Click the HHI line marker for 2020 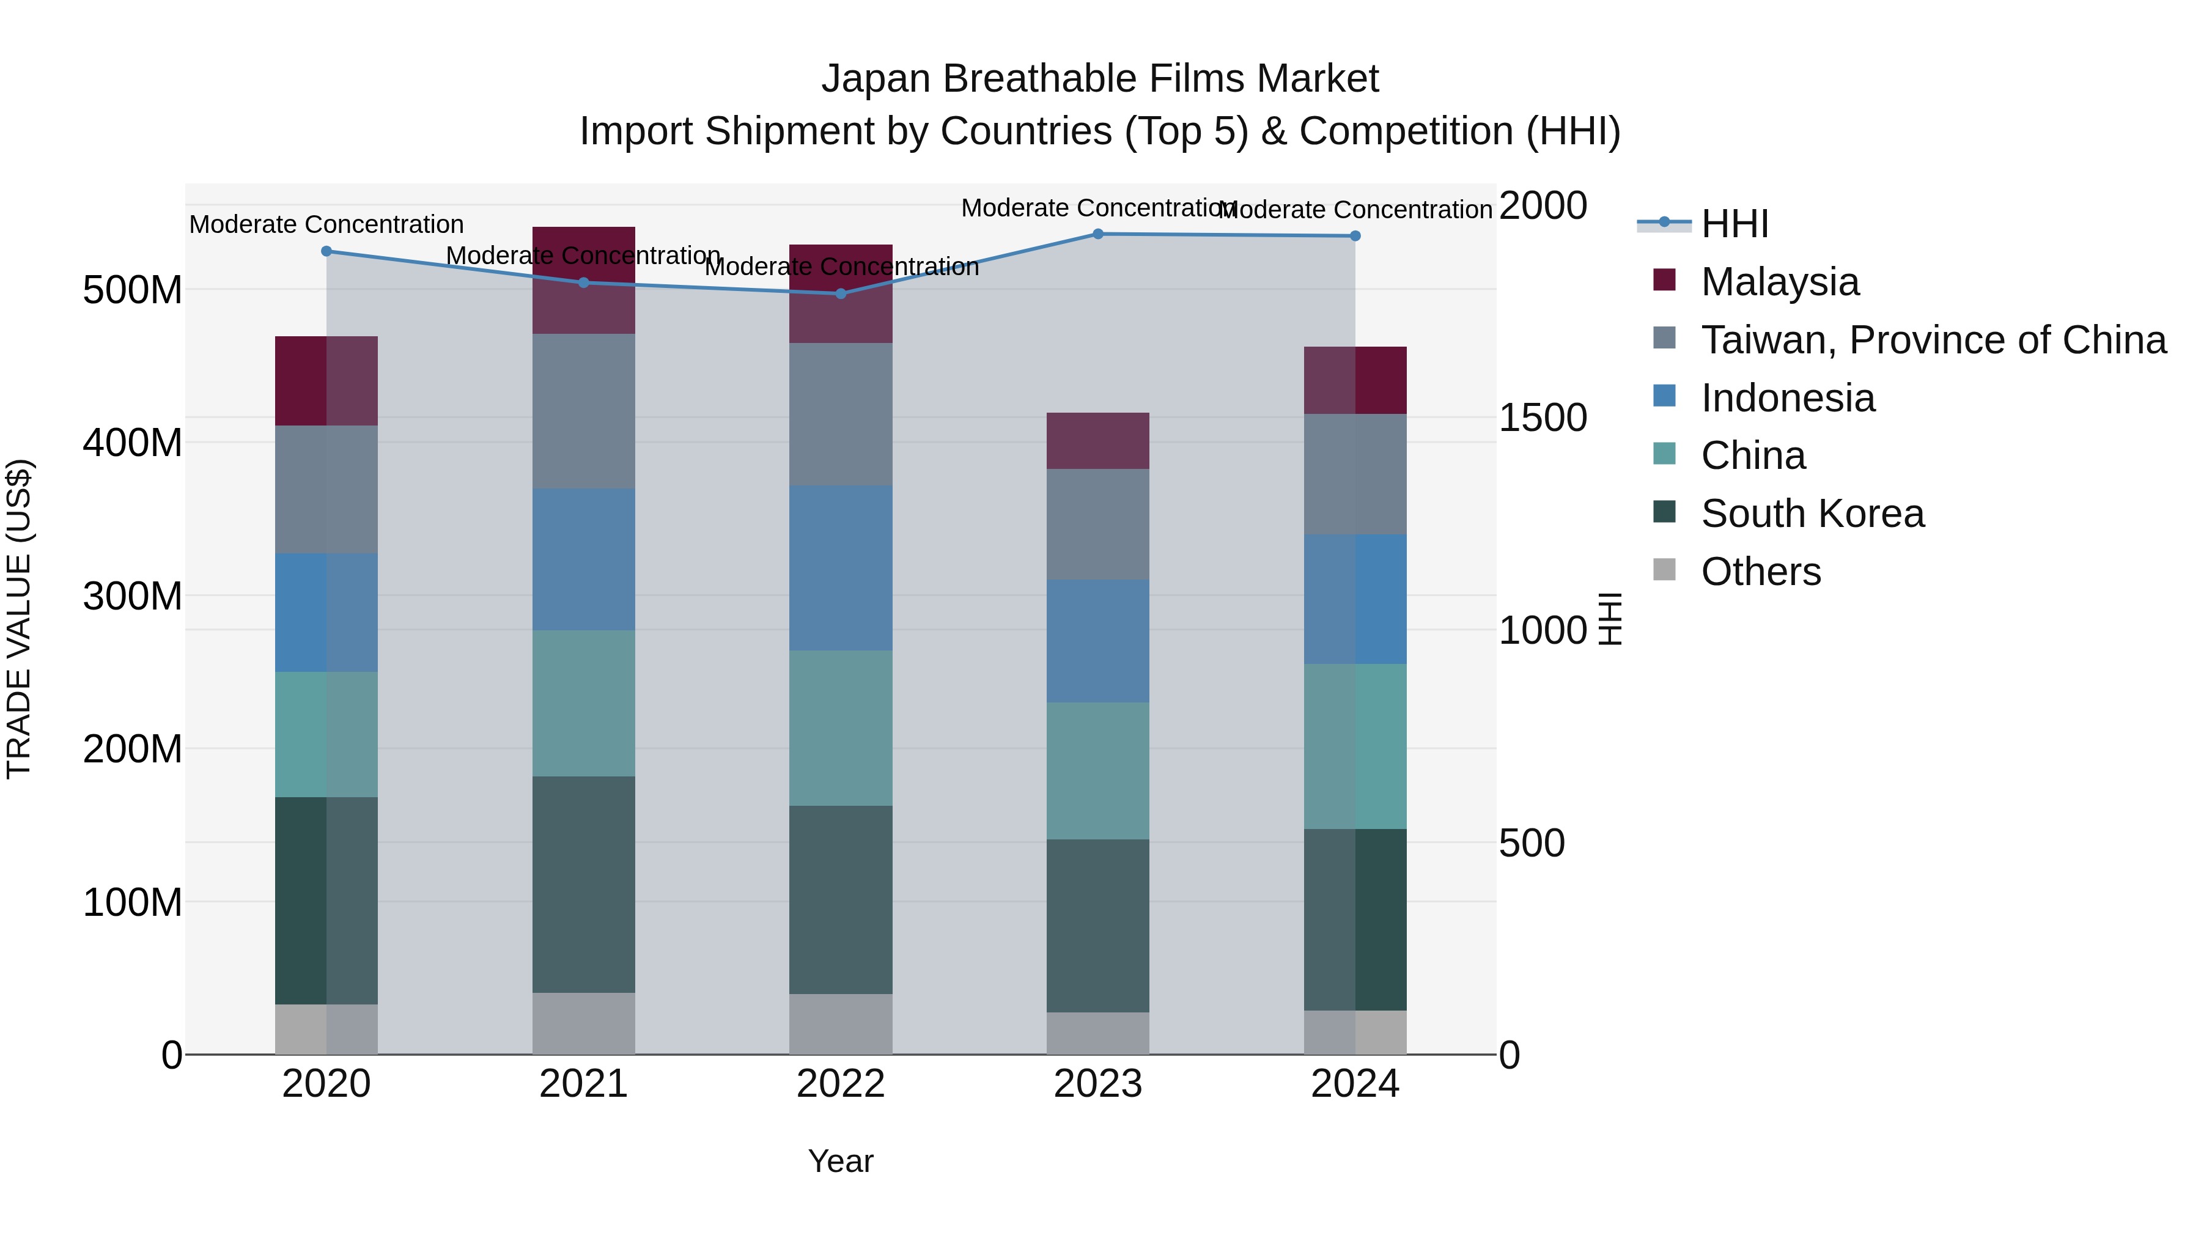point(326,251)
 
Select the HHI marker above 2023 point(1098,234)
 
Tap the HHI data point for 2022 point(841,294)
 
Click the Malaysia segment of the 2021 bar point(584,280)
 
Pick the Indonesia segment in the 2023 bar point(1098,641)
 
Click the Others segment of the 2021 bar point(584,1023)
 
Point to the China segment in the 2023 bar point(1098,771)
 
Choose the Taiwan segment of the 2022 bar point(841,415)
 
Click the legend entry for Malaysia point(1779,282)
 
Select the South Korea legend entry point(1812,514)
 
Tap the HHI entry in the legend point(1735,224)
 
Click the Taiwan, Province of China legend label point(1933,340)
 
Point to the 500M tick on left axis point(133,290)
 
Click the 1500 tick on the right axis point(1543,418)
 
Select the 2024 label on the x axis point(1354,1084)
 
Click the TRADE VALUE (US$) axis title point(19,619)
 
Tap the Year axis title point(840,1161)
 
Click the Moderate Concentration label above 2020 point(326,225)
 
